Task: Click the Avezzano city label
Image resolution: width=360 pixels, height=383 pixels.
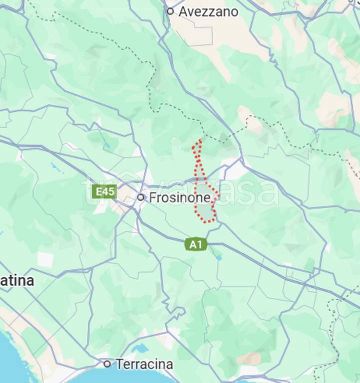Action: (x=208, y=11)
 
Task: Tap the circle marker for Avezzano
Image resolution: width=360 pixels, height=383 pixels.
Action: (x=170, y=11)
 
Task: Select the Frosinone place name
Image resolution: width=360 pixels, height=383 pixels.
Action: (x=180, y=198)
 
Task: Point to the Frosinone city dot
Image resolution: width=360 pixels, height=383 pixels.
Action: (x=141, y=197)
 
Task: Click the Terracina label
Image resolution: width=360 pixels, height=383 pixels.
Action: (x=144, y=365)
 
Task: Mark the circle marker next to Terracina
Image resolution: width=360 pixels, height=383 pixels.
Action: (x=107, y=364)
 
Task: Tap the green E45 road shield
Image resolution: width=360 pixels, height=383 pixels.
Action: (x=105, y=192)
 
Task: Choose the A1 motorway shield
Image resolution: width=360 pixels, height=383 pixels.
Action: (x=196, y=244)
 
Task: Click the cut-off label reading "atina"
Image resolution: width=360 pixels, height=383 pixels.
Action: (x=17, y=281)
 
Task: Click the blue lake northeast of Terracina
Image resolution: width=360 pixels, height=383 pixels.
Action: (x=141, y=348)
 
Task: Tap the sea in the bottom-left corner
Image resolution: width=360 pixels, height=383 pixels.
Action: (x=12, y=362)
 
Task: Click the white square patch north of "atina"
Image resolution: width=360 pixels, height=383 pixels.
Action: (x=45, y=260)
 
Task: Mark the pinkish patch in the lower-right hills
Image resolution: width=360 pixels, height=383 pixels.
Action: (x=250, y=358)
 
